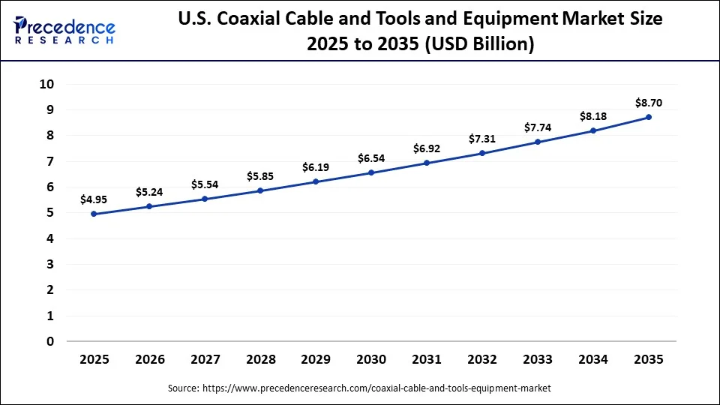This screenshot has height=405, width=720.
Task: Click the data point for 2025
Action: coord(94,214)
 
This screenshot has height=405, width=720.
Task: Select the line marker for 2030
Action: coord(371,173)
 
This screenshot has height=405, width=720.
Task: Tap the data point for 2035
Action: coord(649,117)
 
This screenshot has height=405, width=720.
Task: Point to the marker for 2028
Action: coord(260,190)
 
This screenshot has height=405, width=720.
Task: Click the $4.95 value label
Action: coord(94,199)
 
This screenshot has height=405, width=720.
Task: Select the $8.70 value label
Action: coord(649,103)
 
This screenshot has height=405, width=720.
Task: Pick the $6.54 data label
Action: coord(371,158)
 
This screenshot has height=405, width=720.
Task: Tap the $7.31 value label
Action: coord(482,139)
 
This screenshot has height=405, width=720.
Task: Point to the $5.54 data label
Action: coord(205,184)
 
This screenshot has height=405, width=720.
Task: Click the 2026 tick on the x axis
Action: coord(149,360)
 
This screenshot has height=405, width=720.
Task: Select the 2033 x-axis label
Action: coord(538,360)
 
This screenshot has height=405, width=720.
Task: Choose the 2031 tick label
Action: coord(427,360)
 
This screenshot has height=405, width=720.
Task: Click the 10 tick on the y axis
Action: coord(47,84)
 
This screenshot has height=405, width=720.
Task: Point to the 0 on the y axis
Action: coord(50,341)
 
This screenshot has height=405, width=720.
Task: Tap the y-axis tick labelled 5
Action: coord(50,213)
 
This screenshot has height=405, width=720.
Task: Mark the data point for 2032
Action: coord(482,153)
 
